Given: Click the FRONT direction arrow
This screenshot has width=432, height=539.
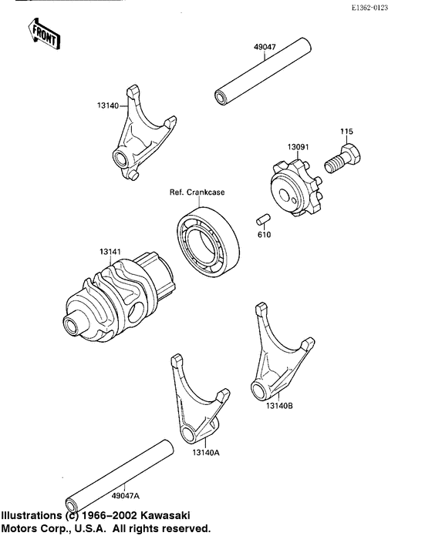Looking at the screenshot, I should (43, 33).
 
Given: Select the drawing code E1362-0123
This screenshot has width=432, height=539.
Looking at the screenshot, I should (393, 7).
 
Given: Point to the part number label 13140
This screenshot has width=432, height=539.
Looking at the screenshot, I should (107, 106).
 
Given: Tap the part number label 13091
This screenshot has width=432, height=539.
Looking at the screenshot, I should (299, 146).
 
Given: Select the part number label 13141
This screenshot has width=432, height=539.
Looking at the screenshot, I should (110, 251).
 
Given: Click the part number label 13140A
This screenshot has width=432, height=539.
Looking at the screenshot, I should (206, 453).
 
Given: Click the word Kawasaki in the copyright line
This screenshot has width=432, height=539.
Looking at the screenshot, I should (165, 515).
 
